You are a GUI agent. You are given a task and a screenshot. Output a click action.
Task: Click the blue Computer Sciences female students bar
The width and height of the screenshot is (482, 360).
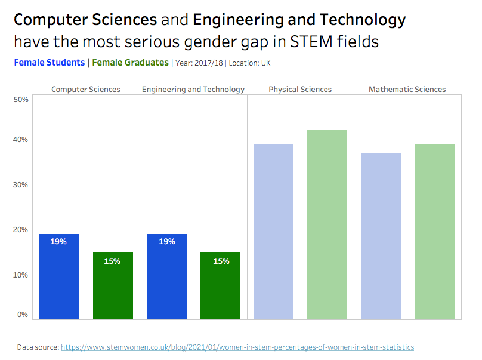point(59,276)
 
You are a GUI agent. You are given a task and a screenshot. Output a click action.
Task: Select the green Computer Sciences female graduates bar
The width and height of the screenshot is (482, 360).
point(113,285)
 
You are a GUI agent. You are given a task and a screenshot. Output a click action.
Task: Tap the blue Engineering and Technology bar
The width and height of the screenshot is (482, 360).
point(166,276)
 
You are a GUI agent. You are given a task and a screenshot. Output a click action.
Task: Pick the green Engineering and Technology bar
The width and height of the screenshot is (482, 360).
point(220,285)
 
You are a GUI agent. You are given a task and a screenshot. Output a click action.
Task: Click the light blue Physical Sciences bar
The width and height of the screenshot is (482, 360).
point(273,232)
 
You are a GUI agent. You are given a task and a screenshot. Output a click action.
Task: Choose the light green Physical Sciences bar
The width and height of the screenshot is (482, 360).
point(327,224)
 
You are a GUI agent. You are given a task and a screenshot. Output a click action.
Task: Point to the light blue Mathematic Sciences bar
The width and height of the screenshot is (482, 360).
point(381,236)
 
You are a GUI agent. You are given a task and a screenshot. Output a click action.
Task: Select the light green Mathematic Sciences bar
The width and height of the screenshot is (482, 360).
point(434,232)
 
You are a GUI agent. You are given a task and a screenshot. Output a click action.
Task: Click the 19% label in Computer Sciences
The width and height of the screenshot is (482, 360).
point(58,242)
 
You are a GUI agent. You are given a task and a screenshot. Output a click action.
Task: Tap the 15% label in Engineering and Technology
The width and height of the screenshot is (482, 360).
point(221,261)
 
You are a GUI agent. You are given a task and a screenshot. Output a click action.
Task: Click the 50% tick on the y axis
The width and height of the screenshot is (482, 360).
point(21,100)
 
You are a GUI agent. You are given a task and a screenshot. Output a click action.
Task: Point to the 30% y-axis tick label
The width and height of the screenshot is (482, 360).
point(21,185)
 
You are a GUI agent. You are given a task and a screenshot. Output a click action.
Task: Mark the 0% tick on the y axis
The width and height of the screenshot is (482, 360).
point(23,315)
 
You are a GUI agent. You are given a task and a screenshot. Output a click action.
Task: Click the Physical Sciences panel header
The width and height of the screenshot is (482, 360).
point(300,90)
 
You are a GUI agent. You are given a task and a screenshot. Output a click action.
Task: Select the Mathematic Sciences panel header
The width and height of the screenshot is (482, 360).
point(407,90)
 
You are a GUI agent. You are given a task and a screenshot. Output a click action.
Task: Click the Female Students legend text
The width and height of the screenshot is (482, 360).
point(49,63)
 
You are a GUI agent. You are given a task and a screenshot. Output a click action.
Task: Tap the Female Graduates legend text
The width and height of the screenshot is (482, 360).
point(131,63)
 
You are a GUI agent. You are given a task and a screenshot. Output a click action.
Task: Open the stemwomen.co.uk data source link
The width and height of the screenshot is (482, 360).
point(237,347)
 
